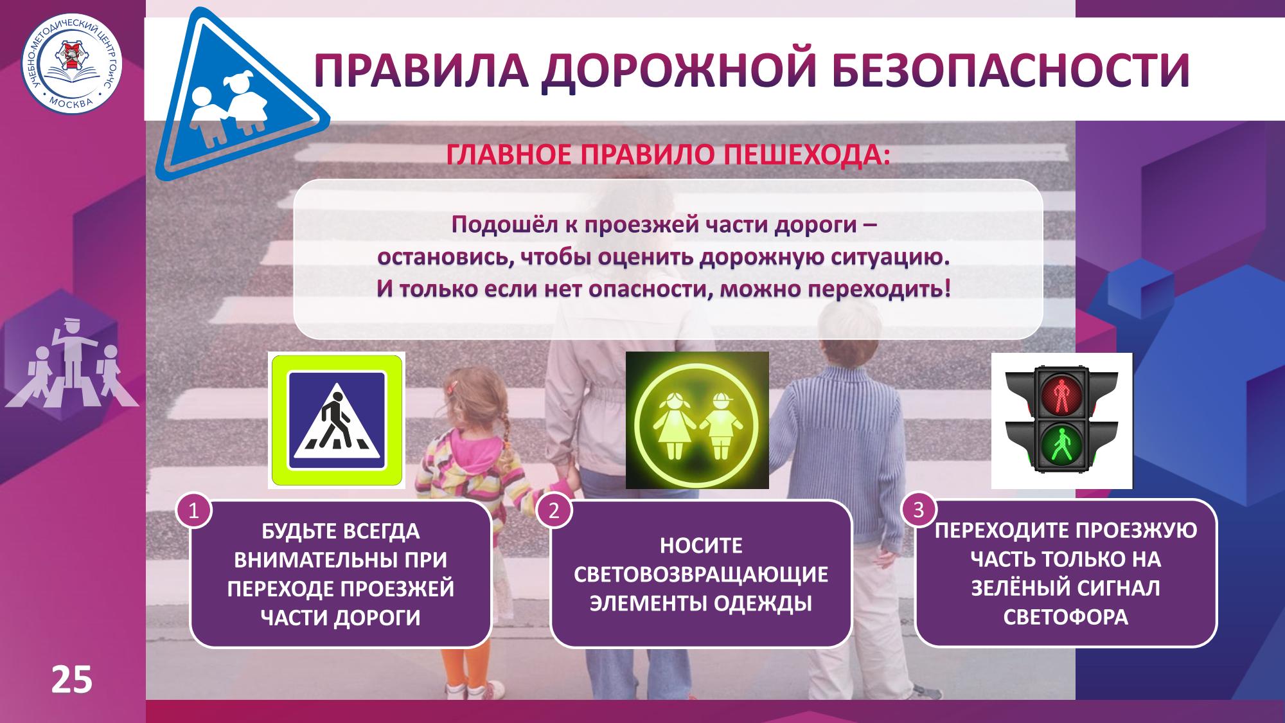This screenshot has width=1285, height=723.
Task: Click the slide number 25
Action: [x=72, y=680]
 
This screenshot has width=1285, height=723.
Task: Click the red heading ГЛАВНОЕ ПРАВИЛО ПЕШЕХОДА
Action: [x=668, y=156]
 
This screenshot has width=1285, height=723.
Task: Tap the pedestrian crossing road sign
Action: [x=337, y=420]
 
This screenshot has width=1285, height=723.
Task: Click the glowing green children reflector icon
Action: [x=697, y=420]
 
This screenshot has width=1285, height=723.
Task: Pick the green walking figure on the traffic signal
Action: [x=1061, y=444]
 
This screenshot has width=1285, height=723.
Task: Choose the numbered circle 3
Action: [x=919, y=510]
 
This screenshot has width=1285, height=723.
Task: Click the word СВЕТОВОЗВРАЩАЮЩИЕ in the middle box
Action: [x=701, y=575]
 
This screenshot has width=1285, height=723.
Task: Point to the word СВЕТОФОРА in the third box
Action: [x=1066, y=617]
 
